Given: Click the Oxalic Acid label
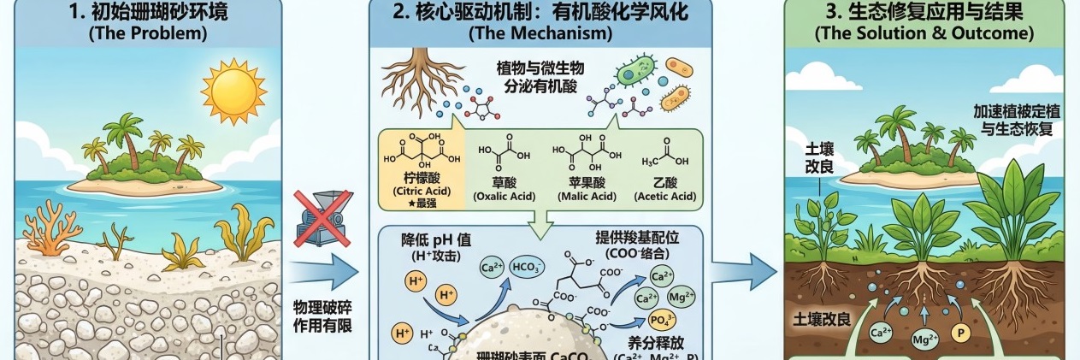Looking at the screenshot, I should click(x=504, y=196).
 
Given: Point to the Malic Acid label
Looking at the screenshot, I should click(x=586, y=196).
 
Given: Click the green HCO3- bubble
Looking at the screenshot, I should click(x=526, y=268).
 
